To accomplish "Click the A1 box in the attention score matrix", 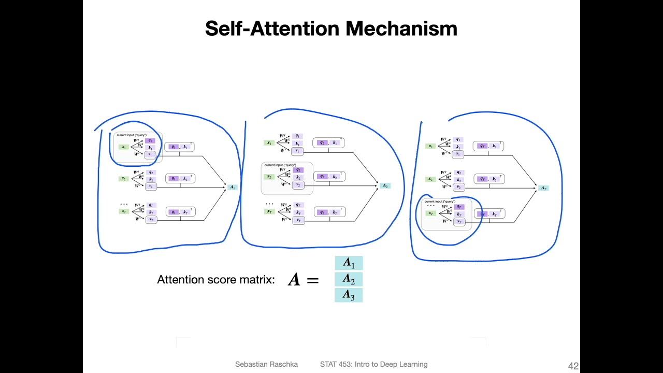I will [349, 263].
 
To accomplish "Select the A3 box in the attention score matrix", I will [349, 295].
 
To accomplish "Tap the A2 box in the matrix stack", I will [349, 279].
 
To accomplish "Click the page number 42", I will [573, 366].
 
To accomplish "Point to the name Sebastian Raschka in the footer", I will [266, 364].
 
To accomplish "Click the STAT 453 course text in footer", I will [373, 364].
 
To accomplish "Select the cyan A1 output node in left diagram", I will [233, 187].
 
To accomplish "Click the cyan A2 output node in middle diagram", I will [385, 185].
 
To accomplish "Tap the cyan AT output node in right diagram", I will [543, 188].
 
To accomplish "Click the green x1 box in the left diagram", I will [124, 147].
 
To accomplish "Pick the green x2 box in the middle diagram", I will [269, 177].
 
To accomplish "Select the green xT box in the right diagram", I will [430, 213].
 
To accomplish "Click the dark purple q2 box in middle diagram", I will [298, 170].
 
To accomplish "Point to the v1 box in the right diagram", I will [458, 154].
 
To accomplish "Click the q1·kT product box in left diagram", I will [180, 212].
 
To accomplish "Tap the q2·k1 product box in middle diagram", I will [328, 142].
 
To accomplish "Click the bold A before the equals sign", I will [294, 280].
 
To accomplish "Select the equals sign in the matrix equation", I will [312, 280].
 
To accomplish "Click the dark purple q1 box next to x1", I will [150, 140].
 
